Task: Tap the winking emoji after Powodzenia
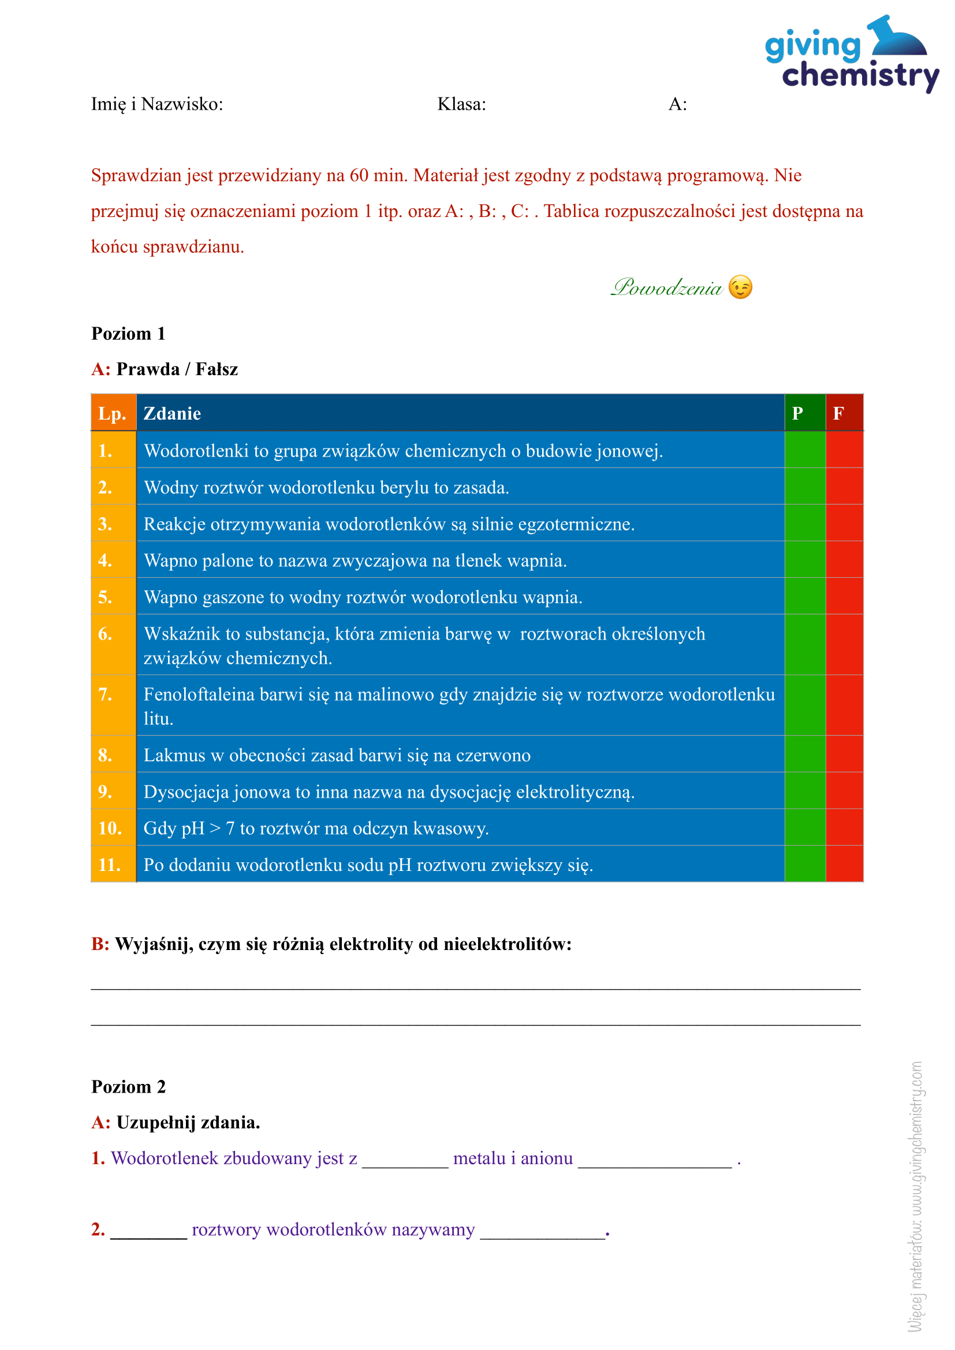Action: (740, 287)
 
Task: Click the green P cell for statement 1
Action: (804, 450)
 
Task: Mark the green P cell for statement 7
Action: (804, 704)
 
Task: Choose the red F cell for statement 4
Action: (844, 559)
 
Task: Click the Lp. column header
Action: (113, 413)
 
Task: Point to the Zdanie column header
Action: (172, 413)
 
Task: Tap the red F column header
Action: (844, 413)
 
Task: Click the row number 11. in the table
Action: (110, 865)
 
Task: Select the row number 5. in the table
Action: (106, 597)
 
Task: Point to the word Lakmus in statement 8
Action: (174, 755)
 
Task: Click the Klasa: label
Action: (462, 104)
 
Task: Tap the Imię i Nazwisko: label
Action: (157, 104)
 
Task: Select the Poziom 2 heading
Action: (129, 1087)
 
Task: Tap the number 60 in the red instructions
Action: (359, 175)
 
